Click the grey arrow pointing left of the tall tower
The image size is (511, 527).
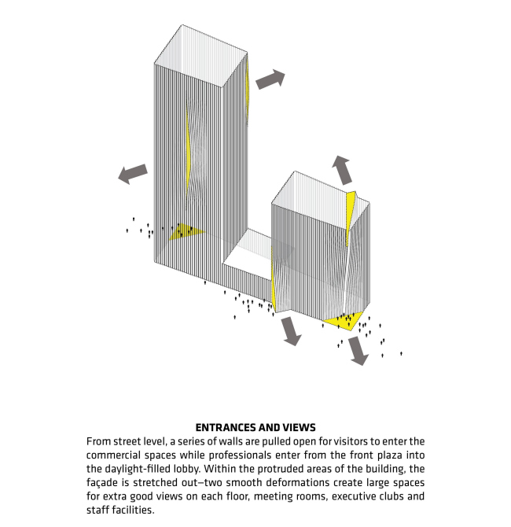(x=133, y=174)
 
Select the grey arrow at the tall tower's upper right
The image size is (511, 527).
(x=270, y=79)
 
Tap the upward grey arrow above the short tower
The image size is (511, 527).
(x=342, y=169)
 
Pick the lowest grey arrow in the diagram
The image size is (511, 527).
(x=358, y=351)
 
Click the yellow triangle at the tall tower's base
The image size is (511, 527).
(x=187, y=231)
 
